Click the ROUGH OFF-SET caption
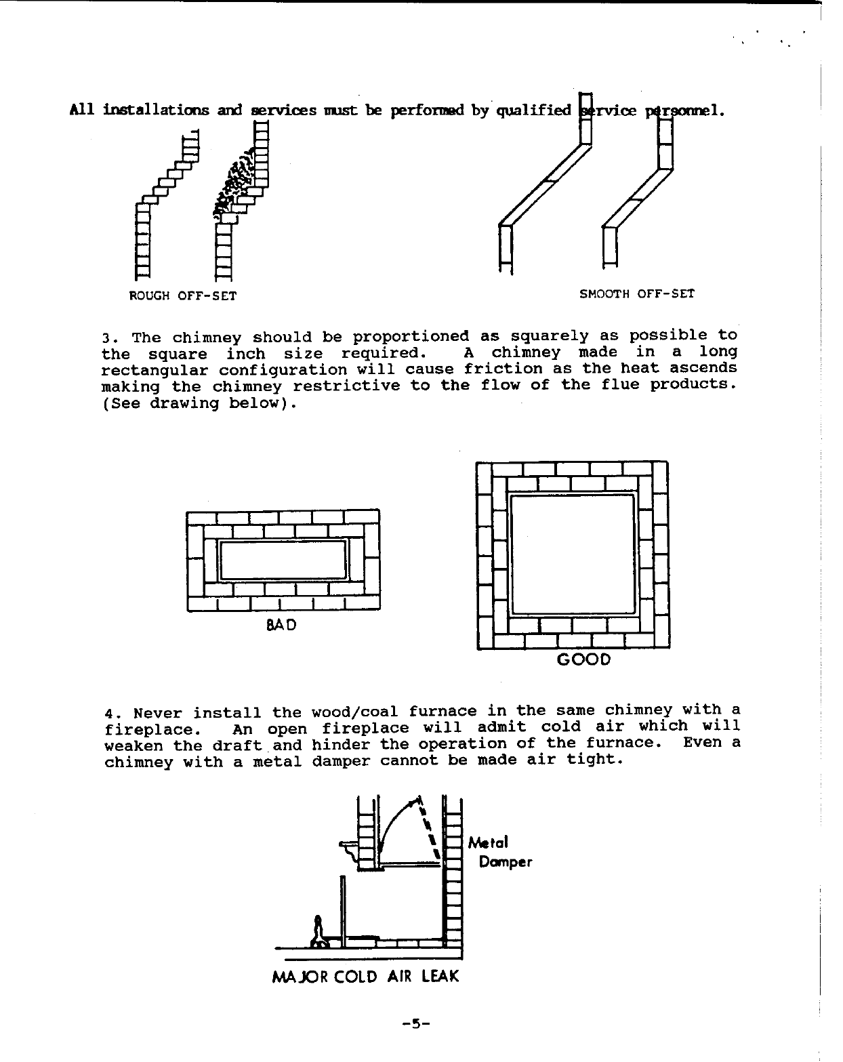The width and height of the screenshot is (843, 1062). point(182,296)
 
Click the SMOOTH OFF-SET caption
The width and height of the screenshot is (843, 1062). point(637,293)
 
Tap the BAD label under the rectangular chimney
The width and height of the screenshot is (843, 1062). point(281,624)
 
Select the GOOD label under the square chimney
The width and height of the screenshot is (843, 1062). point(583,659)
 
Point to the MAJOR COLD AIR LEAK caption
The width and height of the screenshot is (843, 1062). point(365,977)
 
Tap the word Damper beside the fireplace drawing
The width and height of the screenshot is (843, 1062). point(505,862)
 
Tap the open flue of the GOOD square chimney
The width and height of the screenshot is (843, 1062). point(572,554)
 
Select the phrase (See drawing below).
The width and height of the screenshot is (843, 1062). point(199,404)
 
